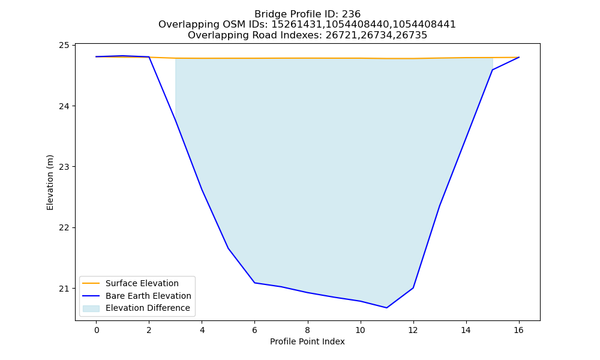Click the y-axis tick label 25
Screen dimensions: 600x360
coord(64,46)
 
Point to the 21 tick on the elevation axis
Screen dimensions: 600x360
coord(64,289)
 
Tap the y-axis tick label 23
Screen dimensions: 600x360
coord(64,167)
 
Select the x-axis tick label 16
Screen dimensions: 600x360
coord(518,330)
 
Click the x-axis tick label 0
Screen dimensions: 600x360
coord(97,330)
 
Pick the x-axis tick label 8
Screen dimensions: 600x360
coord(307,330)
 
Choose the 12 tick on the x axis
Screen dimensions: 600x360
coord(413,330)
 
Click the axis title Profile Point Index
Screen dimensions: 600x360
coord(307,341)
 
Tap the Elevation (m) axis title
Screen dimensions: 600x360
coord(50,182)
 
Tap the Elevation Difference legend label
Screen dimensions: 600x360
coord(148,308)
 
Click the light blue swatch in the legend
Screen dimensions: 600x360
coord(91,308)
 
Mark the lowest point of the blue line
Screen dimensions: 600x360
coord(387,308)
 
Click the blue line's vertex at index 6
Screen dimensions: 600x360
coord(254,283)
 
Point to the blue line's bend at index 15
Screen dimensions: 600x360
coord(492,70)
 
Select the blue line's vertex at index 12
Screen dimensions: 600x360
coord(413,287)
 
